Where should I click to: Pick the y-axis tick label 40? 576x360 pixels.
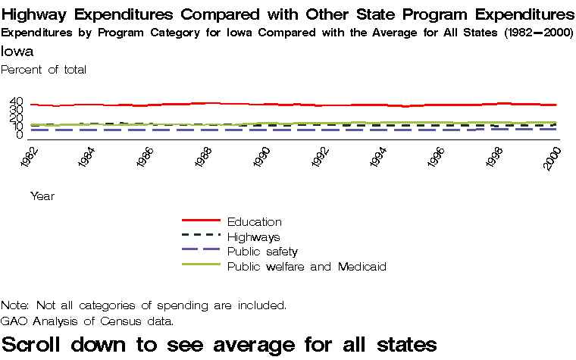click(16, 102)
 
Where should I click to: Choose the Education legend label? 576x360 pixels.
click(254, 222)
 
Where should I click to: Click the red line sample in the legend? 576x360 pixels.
click(201, 221)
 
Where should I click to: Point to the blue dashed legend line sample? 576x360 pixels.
click(201, 251)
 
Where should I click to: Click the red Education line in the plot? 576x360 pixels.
click(227, 104)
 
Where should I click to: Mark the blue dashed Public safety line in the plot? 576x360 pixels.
click(227, 130)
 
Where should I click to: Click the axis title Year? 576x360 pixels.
click(42, 196)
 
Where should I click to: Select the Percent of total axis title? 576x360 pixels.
click(44, 70)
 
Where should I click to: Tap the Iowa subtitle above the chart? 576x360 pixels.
click(16, 52)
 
